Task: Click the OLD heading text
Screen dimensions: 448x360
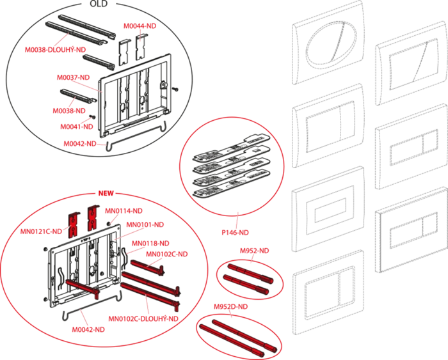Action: (99, 4)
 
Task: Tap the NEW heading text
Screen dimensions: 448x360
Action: (106, 193)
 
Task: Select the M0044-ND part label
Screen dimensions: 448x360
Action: (140, 26)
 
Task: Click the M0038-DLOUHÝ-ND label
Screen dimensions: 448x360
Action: (55, 50)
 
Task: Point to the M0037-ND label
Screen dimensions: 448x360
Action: (73, 77)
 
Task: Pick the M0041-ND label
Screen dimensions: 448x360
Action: (77, 127)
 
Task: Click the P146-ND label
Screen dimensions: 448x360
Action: (235, 232)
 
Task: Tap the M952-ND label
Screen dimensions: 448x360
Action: (254, 251)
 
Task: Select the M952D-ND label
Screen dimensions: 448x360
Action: (231, 307)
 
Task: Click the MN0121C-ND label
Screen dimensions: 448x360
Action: (41, 231)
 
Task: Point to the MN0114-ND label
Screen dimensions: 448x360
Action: (124, 211)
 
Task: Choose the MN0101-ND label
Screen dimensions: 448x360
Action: (145, 224)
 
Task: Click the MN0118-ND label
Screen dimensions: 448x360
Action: (150, 243)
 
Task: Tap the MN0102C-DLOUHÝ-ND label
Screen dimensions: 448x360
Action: (143, 318)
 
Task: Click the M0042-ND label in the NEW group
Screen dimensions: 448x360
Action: (88, 329)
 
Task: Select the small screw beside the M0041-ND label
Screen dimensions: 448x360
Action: (92, 117)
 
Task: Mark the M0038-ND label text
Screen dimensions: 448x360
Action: (69, 111)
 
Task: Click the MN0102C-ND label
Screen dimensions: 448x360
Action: (167, 254)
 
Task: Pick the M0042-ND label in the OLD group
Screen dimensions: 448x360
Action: (80, 144)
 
